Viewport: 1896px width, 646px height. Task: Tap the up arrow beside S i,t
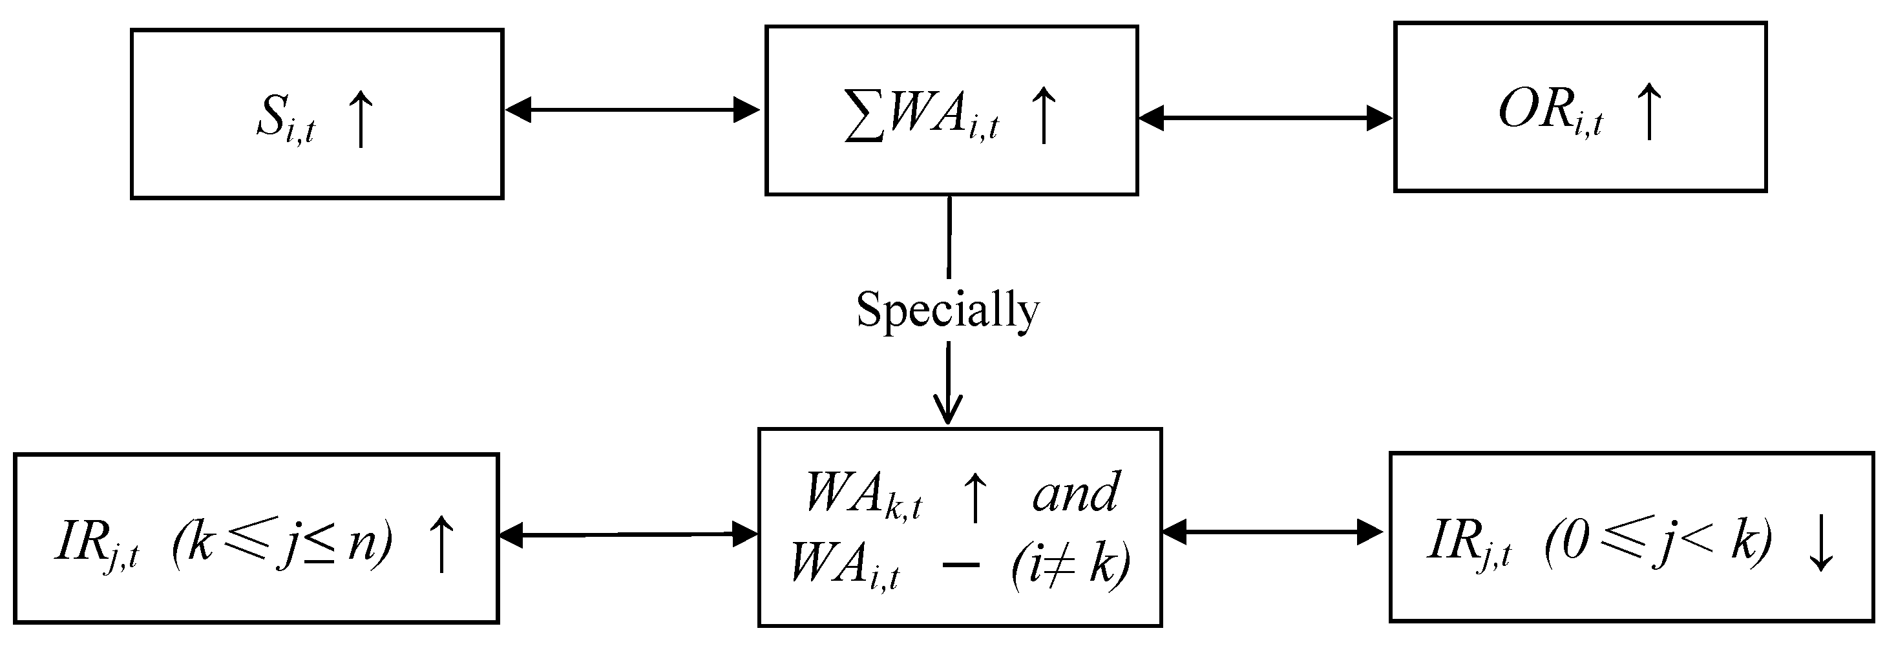tap(361, 120)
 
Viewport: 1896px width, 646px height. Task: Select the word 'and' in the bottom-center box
tap(1076, 493)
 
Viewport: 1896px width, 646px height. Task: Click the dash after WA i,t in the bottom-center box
tap(960, 565)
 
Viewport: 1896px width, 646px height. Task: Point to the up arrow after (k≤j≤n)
tap(441, 545)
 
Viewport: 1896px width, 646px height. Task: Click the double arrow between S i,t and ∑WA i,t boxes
tap(632, 111)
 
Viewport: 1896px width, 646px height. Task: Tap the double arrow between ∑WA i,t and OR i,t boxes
tap(1265, 118)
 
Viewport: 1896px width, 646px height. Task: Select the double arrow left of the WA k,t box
tap(628, 535)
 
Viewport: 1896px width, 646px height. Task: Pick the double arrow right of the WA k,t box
tap(1272, 531)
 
